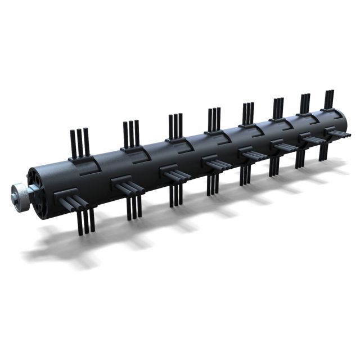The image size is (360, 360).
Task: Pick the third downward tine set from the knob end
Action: click(175, 195)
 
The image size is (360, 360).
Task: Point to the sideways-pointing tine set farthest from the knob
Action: click(340, 134)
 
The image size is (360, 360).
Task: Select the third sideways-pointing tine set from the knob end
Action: click(175, 174)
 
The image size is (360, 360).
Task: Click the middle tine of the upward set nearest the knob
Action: click(80, 142)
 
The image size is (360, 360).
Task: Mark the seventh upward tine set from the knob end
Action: click(305, 102)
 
